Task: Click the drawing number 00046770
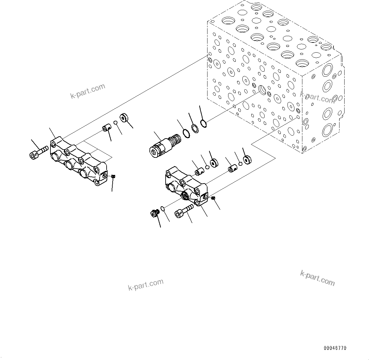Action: click(x=335, y=348)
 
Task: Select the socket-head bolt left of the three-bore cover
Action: click(x=38, y=152)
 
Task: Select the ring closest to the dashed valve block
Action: click(x=204, y=123)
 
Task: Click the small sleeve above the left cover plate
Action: click(x=106, y=128)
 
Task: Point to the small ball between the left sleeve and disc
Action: click(x=116, y=123)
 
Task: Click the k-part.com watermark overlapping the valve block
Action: click(x=317, y=98)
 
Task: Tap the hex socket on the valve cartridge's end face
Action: click(x=154, y=152)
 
